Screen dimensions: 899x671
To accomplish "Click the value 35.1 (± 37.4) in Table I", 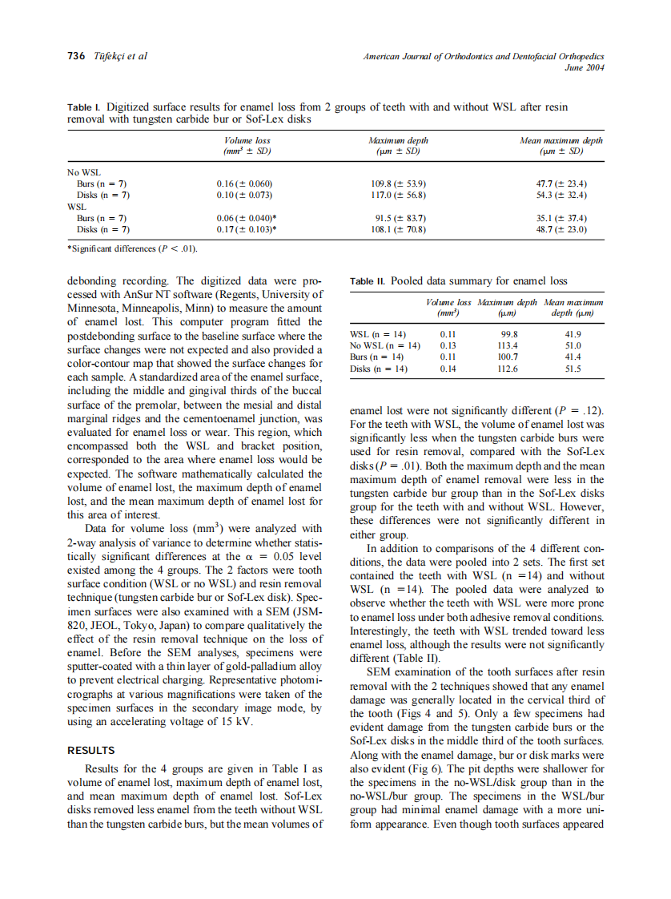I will tap(560, 217).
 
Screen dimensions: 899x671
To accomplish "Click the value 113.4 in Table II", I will tap(508, 345).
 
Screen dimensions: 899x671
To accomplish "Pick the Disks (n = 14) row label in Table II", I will tap(379, 369).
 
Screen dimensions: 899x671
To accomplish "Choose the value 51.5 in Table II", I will tap(573, 369).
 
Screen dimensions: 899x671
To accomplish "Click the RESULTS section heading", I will tap(91, 751).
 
